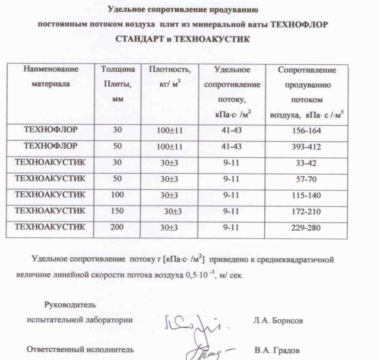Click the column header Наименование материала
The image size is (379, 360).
tap(50, 77)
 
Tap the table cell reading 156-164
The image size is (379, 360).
tap(306, 131)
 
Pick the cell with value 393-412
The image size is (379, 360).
tap(306, 147)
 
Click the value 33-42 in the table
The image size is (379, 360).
tap(306, 162)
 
